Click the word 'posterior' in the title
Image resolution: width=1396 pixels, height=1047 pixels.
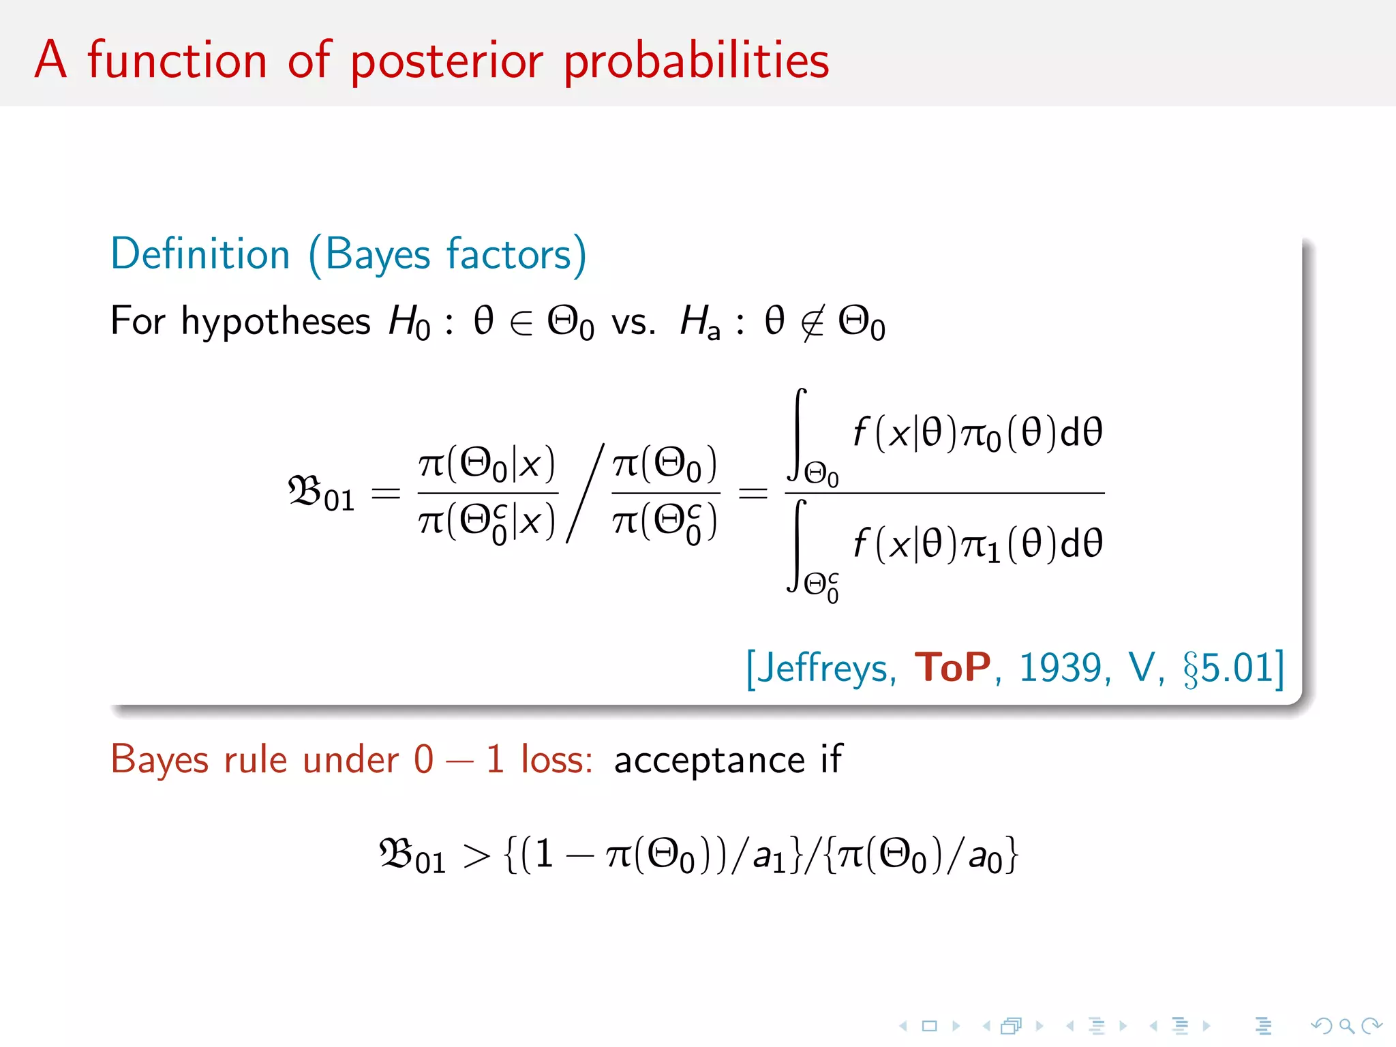coord(447,61)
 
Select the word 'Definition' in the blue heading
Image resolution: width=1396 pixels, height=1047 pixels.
coord(200,254)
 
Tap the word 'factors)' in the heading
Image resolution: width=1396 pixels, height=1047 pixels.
coord(516,254)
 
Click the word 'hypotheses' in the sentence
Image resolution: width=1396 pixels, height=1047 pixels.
coord(275,321)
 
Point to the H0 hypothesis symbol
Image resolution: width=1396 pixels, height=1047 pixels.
coord(409,321)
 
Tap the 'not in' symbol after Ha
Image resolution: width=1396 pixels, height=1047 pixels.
coord(812,322)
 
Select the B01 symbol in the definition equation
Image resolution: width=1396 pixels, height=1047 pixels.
coord(321,492)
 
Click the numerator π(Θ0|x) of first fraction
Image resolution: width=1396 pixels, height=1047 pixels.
coord(487,464)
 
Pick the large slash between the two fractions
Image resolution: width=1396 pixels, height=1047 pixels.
coord(585,492)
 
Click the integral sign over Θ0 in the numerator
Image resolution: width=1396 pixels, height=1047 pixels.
coord(798,434)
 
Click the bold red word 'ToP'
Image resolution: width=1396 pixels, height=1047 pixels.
coord(952,667)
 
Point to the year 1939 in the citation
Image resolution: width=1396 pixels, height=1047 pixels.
coord(1059,667)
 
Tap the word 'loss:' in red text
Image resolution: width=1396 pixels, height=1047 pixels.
coord(556,759)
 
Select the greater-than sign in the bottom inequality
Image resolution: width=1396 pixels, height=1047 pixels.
coord(476,856)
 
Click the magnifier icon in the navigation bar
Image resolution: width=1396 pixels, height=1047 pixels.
coord(1346,1025)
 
